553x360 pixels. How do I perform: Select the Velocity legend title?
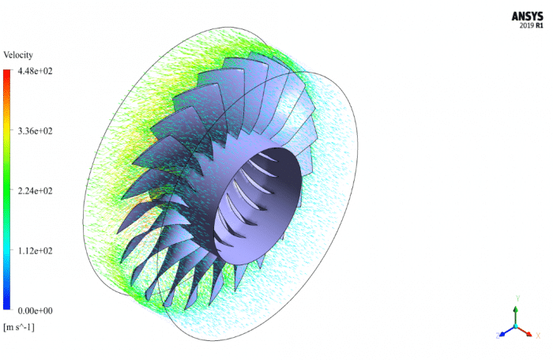point(18,55)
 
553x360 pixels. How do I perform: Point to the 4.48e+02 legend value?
point(35,71)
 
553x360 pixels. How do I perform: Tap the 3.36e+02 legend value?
point(35,131)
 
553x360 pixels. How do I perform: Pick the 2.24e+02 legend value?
point(35,191)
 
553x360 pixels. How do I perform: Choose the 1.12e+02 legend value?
point(35,251)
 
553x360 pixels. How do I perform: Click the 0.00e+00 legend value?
point(35,310)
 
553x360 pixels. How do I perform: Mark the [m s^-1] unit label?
point(19,327)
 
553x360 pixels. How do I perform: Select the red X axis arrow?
point(525,332)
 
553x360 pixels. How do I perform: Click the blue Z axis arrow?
point(504,332)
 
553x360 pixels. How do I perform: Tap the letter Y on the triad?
point(517,298)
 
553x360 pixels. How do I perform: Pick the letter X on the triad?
point(538,336)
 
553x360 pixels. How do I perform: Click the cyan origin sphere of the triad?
point(516,326)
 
